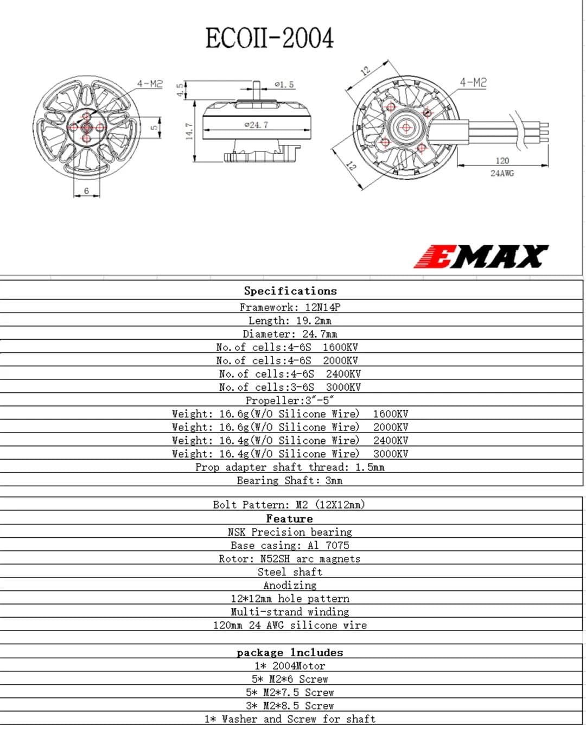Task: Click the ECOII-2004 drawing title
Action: (x=269, y=37)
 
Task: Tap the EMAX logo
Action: (x=481, y=256)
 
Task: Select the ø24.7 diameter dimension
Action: (x=256, y=125)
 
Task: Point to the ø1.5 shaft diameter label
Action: (x=284, y=85)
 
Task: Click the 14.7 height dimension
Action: (x=189, y=131)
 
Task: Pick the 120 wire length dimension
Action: (x=502, y=161)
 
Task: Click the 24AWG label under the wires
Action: (x=502, y=173)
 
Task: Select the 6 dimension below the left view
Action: (x=86, y=190)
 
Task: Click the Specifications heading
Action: (x=290, y=291)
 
